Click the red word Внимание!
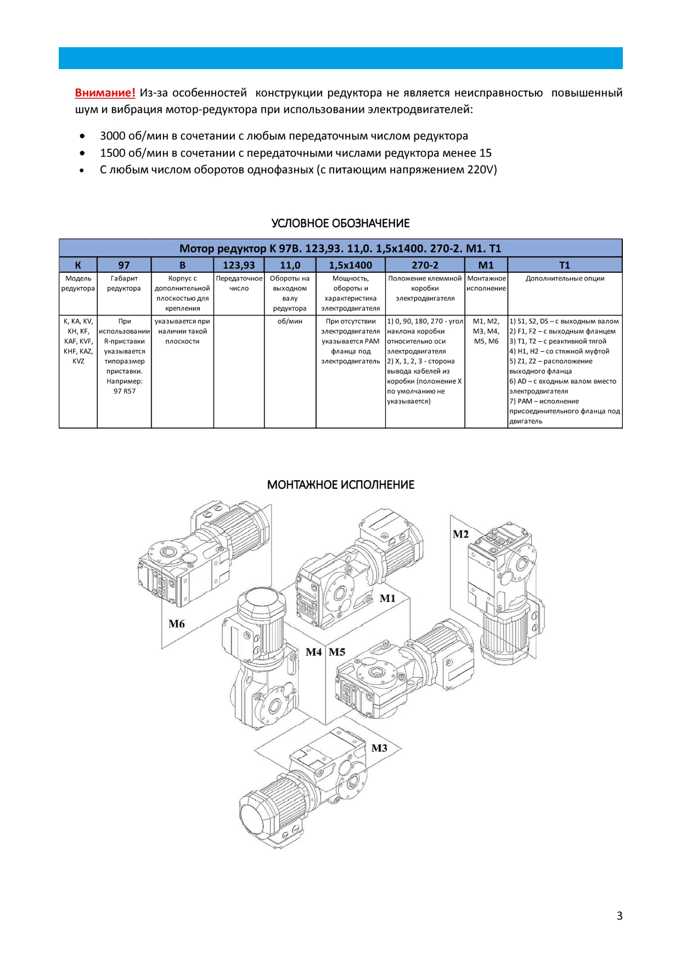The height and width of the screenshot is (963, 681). (x=105, y=93)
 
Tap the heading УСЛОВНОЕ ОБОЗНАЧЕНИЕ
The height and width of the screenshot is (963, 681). (x=340, y=223)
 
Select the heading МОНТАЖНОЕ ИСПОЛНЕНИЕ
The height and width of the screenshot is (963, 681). (x=340, y=485)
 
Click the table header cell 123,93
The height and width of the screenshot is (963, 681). (x=239, y=265)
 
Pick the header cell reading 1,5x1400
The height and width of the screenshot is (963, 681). (x=350, y=265)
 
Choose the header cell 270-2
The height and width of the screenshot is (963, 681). (x=425, y=265)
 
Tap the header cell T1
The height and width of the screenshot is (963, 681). (x=565, y=265)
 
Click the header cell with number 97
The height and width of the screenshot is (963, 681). (x=124, y=265)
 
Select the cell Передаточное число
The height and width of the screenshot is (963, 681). (x=239, y=284)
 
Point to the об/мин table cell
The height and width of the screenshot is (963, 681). (x=290, y=322)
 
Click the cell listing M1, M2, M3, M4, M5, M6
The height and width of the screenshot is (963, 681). (x=486, y=331)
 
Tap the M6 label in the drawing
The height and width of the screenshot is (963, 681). (x=177, y=624)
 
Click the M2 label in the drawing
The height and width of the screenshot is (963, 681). (x=461, y=534)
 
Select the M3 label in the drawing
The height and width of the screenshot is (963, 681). (x=379, y=748)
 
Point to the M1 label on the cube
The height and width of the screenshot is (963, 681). (x=387, y=599)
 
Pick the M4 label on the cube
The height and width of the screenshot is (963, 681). (x=314, y=652)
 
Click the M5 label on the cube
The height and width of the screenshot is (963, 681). (x=337, y=652)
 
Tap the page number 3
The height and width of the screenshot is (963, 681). (x=620, y=915)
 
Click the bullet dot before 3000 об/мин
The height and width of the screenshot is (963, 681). (x=82, y=136)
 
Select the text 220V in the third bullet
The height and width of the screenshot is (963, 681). (x=481, y=170)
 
